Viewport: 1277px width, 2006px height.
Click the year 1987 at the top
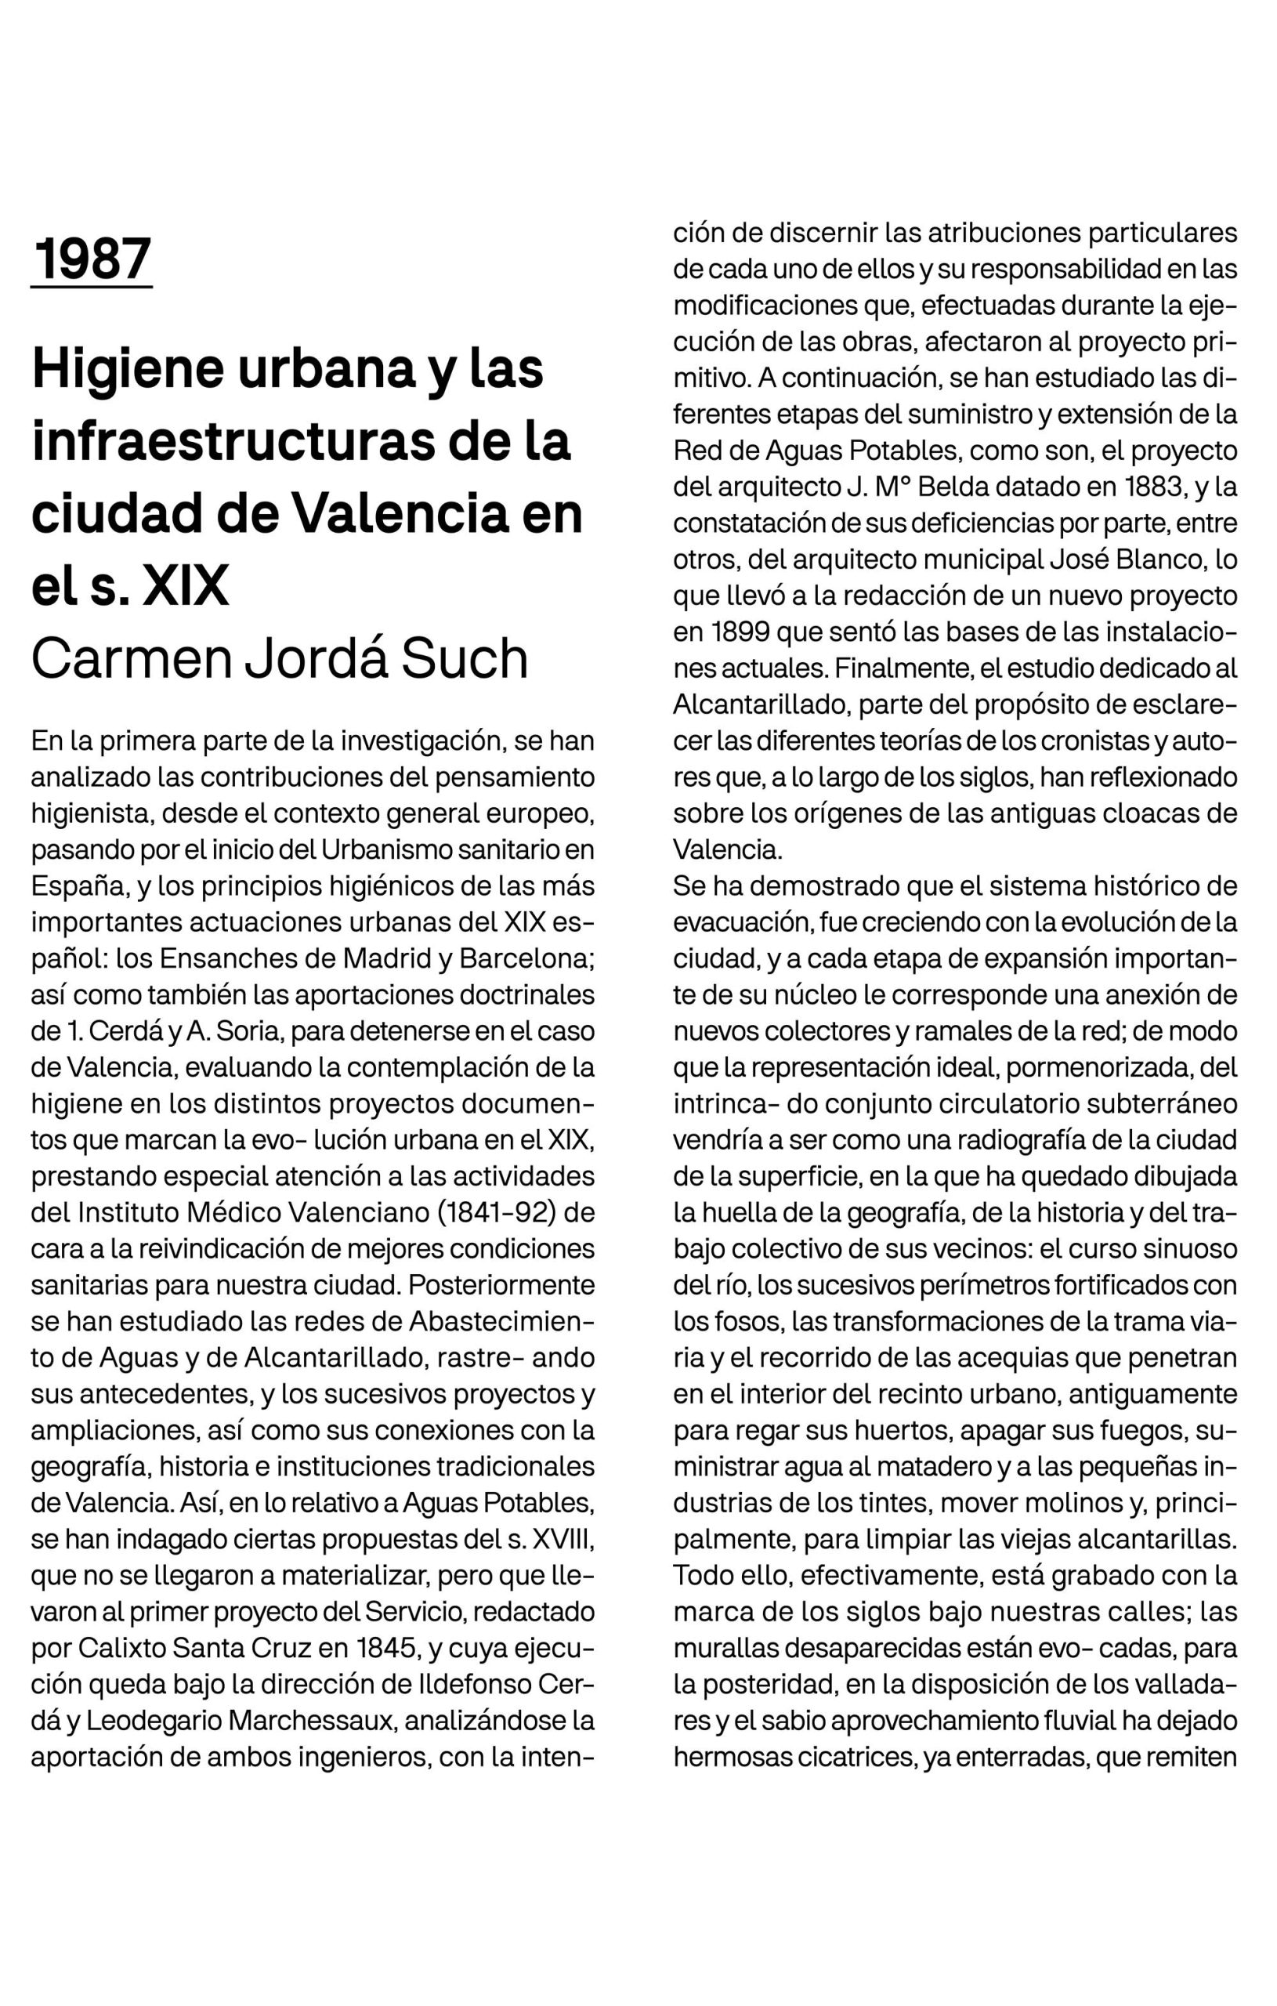(x=92, y=259)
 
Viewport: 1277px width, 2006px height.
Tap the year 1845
(x=391, y=1648)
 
